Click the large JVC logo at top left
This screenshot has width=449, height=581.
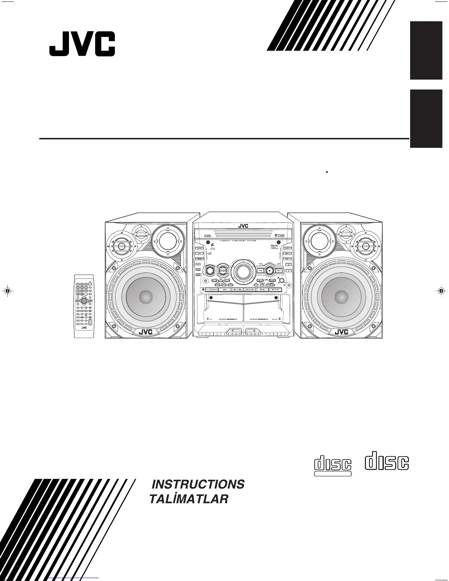coord(82,44)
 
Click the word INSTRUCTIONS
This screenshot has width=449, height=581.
coord(198,484)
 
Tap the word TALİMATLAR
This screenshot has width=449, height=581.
coord(189,499)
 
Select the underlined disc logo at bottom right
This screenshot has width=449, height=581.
coord(333,465)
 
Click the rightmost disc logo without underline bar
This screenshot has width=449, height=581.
coord(387,463)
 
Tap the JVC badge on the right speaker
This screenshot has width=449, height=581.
coord(341,332)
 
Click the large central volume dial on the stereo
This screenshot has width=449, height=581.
coord(242,271)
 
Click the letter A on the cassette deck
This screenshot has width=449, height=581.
coord(208,318)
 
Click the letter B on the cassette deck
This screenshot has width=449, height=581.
coord(280,318)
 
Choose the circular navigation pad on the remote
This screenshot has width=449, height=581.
coord(84,301)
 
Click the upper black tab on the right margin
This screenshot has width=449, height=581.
coord(426,50)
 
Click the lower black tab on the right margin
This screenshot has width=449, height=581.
coord(426,118)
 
